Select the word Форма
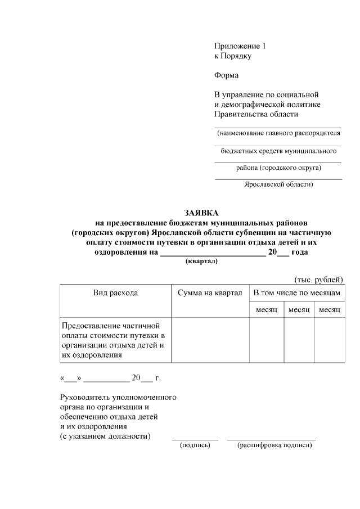pyautogui.click(x=226, y=75)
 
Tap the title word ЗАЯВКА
pyautogui.click(x=201, y=213)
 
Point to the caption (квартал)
pyautogui.click(x=201, y=262)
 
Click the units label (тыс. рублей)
pyautogui.click(x=318, y=280)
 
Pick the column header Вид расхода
pyautogui.click(x=115, y=293)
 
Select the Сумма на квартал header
pyautogui.click(x=210, y=293)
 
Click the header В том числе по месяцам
pyautogui.click(x=297, y=293)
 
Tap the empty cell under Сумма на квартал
pyautogui.click(x=210, y=340)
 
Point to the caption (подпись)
pyautogui.click(x=195, y=445)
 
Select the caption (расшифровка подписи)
pyautogui.click(x=274, y=445)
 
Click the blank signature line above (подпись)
pyautogui.click(x=195, y=439)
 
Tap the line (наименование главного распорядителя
pyautogui.click(x=278, y=134)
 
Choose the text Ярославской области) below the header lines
pyautogui.click(x=278, y=184)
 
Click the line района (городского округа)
pyautogui.click(x=278, y=168)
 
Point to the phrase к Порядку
pyautogui.click(x=232, y=56)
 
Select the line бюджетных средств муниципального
pyautogui.click(x=278, y=151)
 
